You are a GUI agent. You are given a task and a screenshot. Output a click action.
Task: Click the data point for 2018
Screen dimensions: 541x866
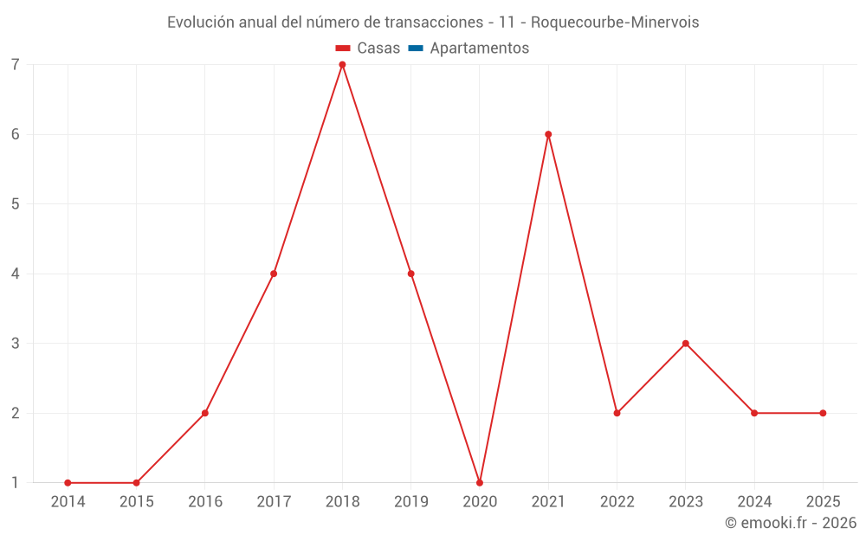342,65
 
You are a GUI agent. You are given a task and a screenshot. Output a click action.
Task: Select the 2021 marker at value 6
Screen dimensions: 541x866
548,134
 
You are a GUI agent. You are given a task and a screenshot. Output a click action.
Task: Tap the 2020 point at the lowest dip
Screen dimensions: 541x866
480,482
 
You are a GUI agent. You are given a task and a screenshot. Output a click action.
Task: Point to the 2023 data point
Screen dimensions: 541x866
686,344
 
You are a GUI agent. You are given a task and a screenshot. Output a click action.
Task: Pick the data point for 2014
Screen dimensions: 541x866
68,482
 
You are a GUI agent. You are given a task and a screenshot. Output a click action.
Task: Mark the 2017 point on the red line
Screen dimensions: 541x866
274,274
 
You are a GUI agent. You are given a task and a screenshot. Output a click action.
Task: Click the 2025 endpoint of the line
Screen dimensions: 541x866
823,413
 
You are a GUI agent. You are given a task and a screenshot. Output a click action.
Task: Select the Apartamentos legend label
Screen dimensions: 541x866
479,48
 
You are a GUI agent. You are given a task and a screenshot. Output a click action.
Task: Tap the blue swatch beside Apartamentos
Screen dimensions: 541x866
415,48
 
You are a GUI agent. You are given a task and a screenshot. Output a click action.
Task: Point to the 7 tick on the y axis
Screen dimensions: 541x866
16,65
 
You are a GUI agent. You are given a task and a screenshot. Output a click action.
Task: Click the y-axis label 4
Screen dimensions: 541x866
16,274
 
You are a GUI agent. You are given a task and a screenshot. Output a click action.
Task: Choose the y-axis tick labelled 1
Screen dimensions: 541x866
16,482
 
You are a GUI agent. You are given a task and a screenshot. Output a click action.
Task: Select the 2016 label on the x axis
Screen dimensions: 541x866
205,502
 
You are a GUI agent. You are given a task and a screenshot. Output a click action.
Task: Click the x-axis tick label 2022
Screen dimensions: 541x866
617,502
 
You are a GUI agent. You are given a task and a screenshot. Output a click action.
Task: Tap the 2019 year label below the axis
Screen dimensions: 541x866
410,502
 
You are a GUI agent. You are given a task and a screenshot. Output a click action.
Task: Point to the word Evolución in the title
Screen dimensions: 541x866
200,23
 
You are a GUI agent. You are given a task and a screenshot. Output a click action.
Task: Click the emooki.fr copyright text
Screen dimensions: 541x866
791,523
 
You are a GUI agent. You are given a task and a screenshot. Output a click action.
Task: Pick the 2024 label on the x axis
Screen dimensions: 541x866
754,502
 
